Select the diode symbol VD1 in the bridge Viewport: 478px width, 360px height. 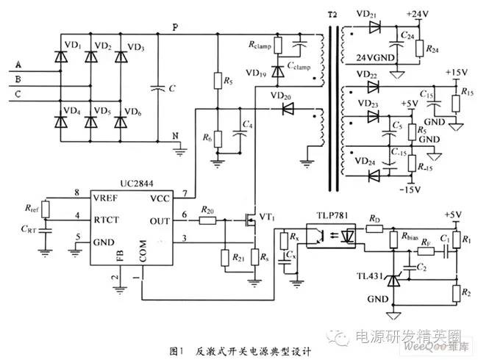pyautogui.click(x=60, y=57)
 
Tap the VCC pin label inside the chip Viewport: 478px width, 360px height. pyautogui.click(x=158, y=198)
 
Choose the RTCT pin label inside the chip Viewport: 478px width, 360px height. pyautogui.click(x=107, y=217)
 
